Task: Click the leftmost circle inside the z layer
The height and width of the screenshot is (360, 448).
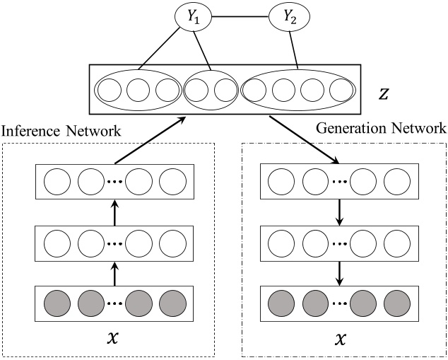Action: tap(110, 91)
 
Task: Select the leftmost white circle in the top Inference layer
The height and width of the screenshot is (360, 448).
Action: tap(57, 182)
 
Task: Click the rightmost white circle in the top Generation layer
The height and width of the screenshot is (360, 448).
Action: tap(397, 182)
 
